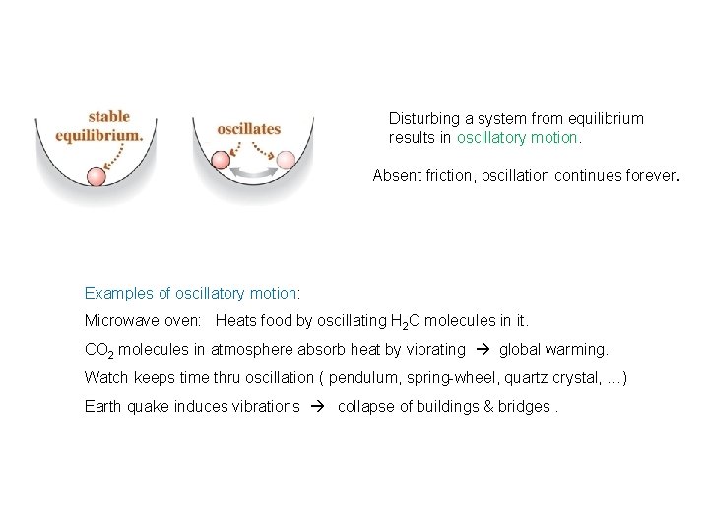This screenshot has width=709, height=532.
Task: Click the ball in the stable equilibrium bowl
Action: pyautogui.click(x=97, y=177)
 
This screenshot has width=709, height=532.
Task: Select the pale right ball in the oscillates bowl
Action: pyautogui.click(x=286, y=159)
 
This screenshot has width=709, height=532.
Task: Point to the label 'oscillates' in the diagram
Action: pyautogui.click(x=249, y=128)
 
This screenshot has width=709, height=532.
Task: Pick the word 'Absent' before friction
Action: pyautogui.click(x=395, y=176)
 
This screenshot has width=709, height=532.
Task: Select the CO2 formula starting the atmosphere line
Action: pyautogui.click(x=99, y=350)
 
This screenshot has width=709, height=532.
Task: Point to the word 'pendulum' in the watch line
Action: pyautogui.click(x=362, y=377)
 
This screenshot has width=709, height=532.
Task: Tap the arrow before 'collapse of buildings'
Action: pyautogui.click(x=319, y=406)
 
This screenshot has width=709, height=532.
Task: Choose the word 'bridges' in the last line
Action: pyautogui.click(x=523, y=406)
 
